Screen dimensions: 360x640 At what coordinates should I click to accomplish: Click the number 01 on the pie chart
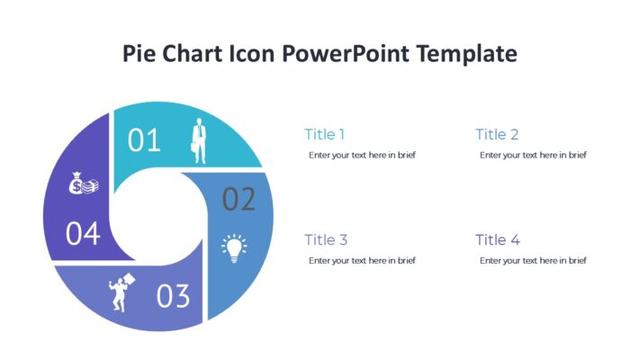tap(144, 140)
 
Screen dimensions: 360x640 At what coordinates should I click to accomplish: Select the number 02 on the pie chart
tap(239, 199)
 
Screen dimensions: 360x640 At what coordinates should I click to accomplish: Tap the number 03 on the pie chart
tap(174, 296)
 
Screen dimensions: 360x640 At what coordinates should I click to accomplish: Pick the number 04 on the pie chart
tap(83, 234)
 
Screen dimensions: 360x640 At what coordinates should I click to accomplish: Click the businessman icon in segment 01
tap(197, 140)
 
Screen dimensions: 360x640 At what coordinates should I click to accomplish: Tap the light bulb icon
tap(234, 248)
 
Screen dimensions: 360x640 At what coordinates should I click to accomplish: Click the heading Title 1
tap(324, 135)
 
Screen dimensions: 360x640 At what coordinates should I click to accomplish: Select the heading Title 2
tap(497, 135)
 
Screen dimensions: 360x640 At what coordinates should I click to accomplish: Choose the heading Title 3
tap(326, 240)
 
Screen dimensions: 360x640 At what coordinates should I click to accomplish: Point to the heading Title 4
tap(498, 240)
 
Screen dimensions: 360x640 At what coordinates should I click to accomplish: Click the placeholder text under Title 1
tap(362, 155)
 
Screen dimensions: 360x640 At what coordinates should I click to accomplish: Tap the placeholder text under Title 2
tap(533, 155)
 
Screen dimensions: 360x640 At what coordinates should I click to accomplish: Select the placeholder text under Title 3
tap(362, 260)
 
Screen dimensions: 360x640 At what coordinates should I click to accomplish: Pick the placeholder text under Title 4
tap(533, 260)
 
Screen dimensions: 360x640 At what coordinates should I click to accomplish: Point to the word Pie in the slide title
tap(141, 54)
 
